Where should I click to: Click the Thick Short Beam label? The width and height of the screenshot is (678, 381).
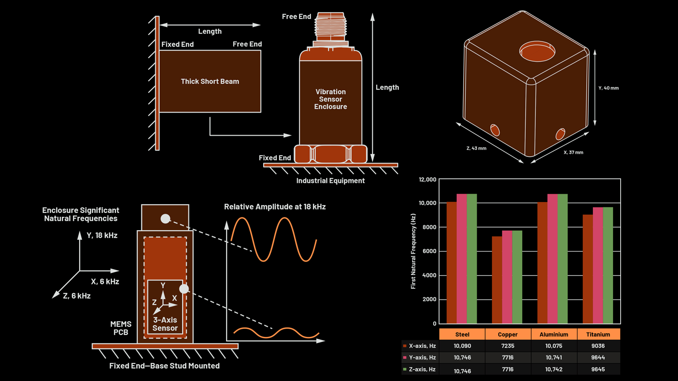pos(210,82)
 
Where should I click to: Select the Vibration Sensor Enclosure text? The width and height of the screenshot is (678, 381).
pos(330,99)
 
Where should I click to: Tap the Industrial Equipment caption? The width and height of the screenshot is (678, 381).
pos(330,181)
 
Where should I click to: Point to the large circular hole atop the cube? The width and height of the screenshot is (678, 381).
pos(537,52)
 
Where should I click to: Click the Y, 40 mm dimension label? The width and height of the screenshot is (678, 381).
pos(608,88)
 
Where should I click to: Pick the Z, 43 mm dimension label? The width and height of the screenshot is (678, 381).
pos(476,148)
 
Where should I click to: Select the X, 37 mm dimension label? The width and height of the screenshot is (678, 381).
pos(573,153)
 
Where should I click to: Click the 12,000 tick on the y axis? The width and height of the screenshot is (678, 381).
pos(427,179)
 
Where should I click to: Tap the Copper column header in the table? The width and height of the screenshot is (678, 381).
pos(508,334)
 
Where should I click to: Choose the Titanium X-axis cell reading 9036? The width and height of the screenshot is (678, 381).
pos(598,346)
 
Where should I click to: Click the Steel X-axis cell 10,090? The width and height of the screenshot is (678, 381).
pos(462,346)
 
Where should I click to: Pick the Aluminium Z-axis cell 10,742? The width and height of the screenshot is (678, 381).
pos(554,369)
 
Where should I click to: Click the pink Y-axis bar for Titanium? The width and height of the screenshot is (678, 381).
pos(598,265)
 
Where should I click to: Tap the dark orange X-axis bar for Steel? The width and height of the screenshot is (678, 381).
pos(452,262)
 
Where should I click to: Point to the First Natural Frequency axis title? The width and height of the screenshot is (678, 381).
pos(413,251)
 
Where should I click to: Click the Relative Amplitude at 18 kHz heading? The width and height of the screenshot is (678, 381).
pos(275,207)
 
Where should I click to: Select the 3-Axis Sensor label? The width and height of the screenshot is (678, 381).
pos(165,324)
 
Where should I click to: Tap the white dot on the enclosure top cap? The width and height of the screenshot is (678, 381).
pos(165,219)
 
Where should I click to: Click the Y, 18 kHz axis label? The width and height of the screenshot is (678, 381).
pos(102,235)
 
